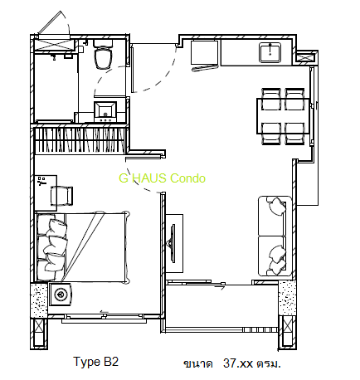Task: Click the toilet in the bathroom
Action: click(103, 54)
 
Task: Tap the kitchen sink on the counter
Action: click(270, 52)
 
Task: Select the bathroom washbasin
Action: click(105, 111)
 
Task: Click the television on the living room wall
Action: click(173, 243)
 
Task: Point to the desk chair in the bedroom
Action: click(61, 196)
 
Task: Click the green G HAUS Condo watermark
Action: click(162, 178)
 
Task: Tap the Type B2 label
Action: click(95, 362)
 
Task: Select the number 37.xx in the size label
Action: click(238, 363)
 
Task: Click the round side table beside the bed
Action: click(60, 294)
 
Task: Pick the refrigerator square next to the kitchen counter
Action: click(203, 53)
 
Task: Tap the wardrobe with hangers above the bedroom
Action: click(80, 139)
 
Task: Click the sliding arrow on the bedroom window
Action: click(105, 312)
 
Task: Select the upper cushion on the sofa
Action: click(276, 206)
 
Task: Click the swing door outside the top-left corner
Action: click(53, 24)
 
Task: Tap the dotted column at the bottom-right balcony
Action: click(287, 298)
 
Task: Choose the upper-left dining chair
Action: click(271, 99)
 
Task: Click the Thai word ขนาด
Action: click(198, 363)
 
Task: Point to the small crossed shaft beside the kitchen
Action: click(307, 57)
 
